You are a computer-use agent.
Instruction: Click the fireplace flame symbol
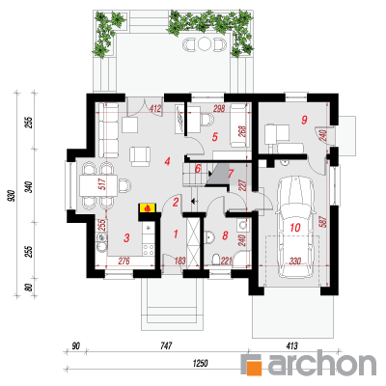pyautogui.click(x=148, y=208)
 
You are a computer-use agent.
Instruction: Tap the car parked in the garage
pyautogui.click(x=295, y=227)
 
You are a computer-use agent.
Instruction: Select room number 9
pyautogui.click(x=304, y=120)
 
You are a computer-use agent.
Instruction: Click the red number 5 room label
pyautogui.click(x=215, y=137)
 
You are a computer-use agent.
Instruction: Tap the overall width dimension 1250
pyautogui.click(x=200, y=363)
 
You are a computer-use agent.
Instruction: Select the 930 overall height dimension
pyautogui.click(x=12, y=196)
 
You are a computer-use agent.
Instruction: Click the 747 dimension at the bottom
pyautogui.click(x=166, y=346)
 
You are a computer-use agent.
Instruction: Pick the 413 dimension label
pyautogui.click(x=291, y=346)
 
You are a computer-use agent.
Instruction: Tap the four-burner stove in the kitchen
pyautogui.click(x=148, y=250)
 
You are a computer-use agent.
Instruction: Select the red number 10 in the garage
pyautogui.click(x=295, y=228)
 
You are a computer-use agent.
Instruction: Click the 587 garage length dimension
pyautogui.click(x=323, y=221)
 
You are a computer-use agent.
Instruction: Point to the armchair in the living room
pyautogui.click(x=140, y=156)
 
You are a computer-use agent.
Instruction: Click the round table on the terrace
pyautogui.click(x=204, y=44)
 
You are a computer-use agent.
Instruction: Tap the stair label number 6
pyautogui.click(x=198, y=168)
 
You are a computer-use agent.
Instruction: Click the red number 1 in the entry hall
pyautogui.click(x=176, y=234)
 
